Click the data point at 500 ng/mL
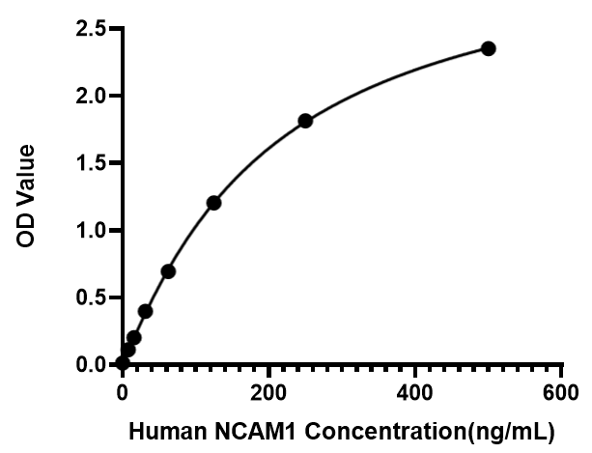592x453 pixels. click(488, 48)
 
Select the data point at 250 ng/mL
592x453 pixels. click(305, 121)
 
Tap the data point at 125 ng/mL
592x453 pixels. click(213, 203)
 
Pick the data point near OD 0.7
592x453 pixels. click(168, 271)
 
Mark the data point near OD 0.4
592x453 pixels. click(146, 311)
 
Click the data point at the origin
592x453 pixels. click(123, 363)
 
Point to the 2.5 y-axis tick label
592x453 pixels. click(91, 29)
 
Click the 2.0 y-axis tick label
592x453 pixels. click(91, 96)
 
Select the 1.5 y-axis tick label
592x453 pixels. click(91, 163)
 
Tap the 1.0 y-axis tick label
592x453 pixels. click(91, 230)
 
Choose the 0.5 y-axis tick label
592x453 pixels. click(91, 297)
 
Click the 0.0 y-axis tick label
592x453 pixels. click(91, 365)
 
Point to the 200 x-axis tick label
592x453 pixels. click(268, 393)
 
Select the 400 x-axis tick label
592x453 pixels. click(414, 393)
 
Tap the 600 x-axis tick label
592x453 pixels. click(560, 393)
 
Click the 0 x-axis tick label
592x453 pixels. click(122, 393)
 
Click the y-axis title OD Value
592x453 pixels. click(26, 196)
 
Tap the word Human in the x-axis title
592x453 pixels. click(168, 431)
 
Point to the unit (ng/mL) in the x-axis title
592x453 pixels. click(511, 432)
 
